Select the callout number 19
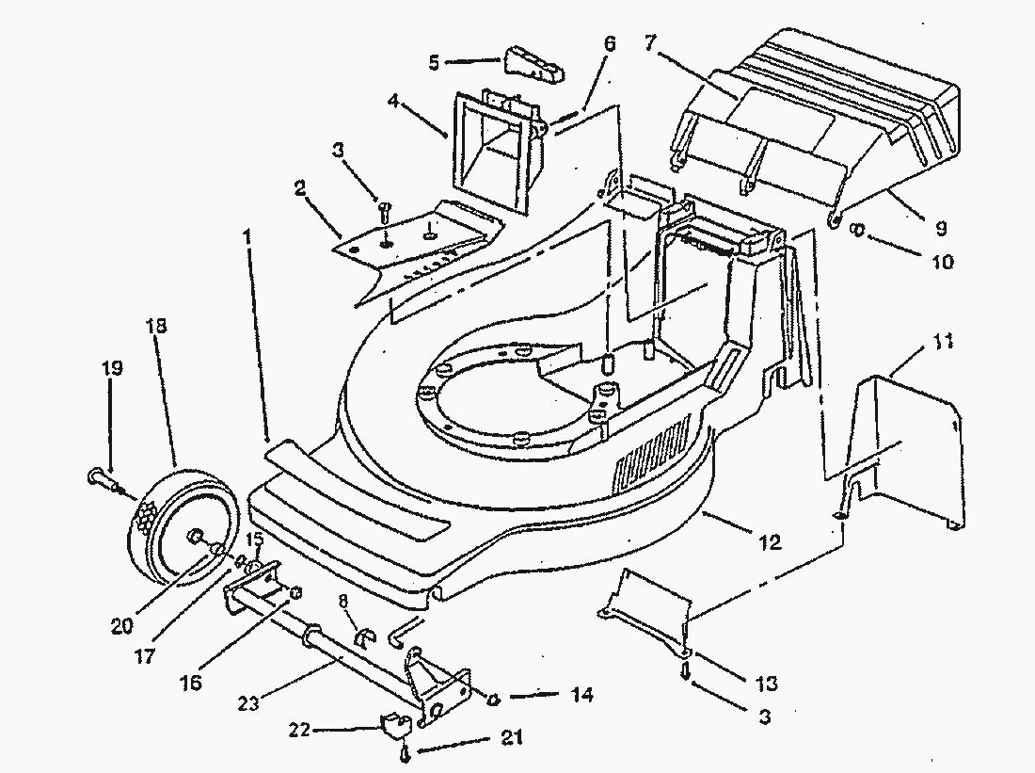pos(111,368)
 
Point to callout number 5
pos(434,63)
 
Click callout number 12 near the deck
pos(770,543)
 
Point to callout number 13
pos(766,684)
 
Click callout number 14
pos(581,696)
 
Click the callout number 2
pos(299,189)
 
